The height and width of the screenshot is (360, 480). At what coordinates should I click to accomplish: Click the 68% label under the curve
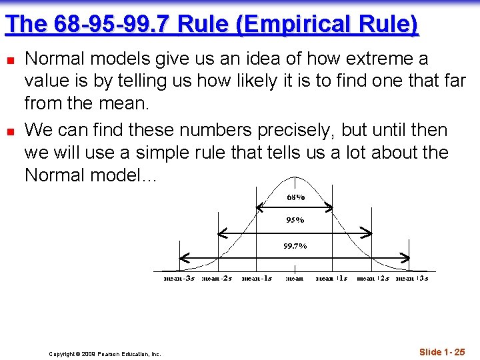pos(295,197)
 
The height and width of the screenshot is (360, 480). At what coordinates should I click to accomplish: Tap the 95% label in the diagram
pos(295,220)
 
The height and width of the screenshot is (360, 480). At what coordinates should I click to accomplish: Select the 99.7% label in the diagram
pos(295,246)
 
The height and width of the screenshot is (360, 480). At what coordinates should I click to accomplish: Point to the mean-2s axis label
pos(217,278)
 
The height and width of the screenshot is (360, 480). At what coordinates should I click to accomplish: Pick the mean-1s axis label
pos(257,278)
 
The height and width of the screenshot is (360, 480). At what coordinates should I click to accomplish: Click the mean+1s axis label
pos(331,278)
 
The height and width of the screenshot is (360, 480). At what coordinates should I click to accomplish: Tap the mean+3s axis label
pos(412,278)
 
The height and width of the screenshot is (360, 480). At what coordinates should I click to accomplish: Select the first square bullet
pos(9,60)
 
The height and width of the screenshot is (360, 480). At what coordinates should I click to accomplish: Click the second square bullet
pos(9,131)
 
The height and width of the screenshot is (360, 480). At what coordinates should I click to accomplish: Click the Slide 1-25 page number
pos(442,351)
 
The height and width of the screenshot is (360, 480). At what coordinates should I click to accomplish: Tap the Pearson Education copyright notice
pos(105,354)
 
